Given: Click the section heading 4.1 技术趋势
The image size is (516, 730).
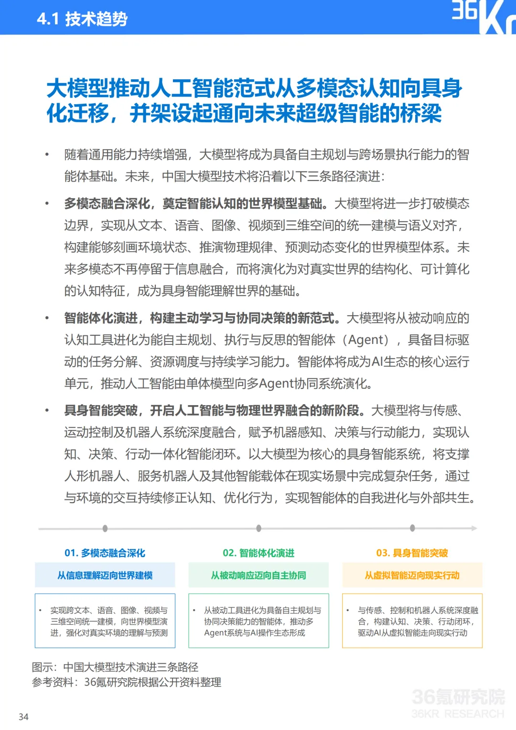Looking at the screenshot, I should [82, 19].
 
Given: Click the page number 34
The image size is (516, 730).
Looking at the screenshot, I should [23, 717].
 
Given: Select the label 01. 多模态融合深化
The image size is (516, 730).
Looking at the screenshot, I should [105, 553].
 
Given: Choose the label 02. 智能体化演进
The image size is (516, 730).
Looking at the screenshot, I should [258, 553].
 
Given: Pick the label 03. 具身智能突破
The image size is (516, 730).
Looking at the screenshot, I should [412, 553].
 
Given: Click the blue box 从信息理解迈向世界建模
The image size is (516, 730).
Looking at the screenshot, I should [105, 575].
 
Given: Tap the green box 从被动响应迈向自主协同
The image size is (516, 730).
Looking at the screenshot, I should [258, 575].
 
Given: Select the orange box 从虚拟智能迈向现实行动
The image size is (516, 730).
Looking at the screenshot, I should [412, 575].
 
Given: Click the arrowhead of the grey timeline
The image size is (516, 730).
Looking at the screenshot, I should [474, 528].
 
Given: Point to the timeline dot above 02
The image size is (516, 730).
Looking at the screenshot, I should [258, 528].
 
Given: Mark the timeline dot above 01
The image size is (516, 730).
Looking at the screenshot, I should [105, 528].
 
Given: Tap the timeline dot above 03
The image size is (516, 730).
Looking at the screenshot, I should [412, 528].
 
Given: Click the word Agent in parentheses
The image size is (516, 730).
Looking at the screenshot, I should [366, 340].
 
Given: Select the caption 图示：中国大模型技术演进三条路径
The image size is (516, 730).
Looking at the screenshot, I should [115, 667].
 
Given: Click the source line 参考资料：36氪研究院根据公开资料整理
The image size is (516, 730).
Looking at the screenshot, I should [126, 682].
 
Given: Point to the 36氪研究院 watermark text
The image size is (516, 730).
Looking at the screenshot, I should [458, 698].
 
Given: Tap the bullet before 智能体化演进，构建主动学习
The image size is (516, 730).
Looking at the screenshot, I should [47, 318].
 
